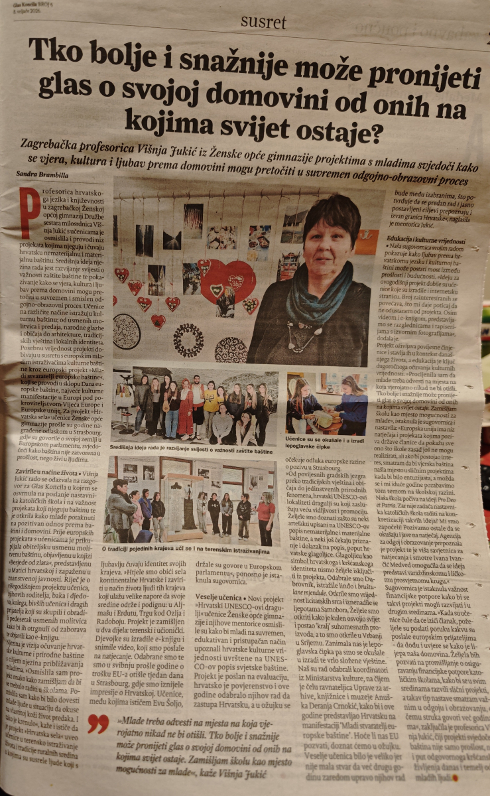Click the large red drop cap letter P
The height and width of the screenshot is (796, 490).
[x=29, y=211]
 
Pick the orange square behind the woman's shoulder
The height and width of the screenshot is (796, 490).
[x=366, y=243]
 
